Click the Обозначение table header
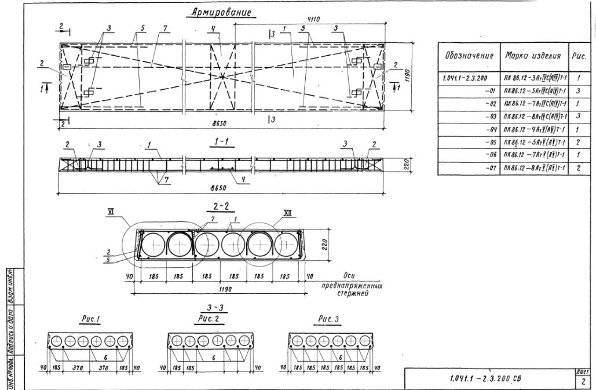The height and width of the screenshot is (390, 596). point(469,56)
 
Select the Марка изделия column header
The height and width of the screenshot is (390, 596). point(533,56)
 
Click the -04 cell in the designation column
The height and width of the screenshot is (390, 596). point(489,129)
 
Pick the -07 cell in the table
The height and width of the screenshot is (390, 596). point(489,168)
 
